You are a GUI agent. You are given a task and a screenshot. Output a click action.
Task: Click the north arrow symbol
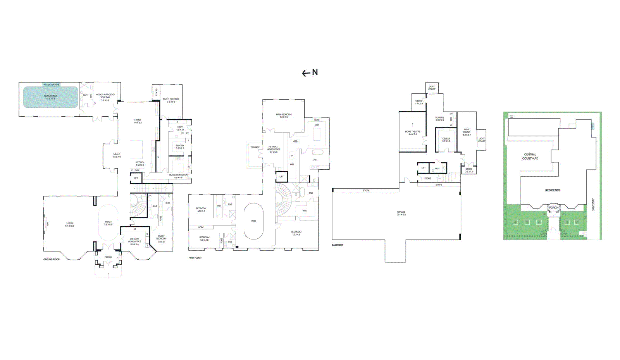click(x=306, y=73)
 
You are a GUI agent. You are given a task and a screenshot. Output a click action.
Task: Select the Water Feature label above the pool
click(x=51, y=84)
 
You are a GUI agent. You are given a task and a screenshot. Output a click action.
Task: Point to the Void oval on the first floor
click(x=253, y=221)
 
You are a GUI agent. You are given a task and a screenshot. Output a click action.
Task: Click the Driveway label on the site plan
click(x=593, y=205)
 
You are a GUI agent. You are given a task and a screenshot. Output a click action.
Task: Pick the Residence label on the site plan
click(x=553, y=190)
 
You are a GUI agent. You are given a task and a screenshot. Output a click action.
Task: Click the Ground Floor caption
click(x=52, y=259)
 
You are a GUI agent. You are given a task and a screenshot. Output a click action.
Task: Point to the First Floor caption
click(x=195, y=258)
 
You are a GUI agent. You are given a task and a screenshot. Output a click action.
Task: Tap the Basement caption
click(x=337, y=245)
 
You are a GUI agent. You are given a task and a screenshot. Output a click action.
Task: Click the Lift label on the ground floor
click(x=136, y=178)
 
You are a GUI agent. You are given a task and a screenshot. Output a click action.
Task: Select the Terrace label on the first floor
click(x=255, y=147)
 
